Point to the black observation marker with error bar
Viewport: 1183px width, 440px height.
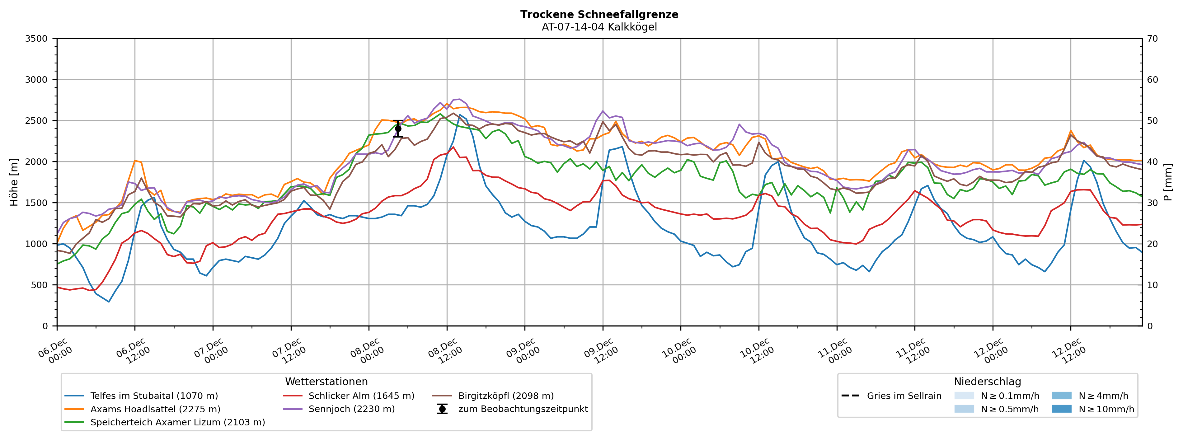398,129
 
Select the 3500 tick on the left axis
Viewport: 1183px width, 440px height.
36,39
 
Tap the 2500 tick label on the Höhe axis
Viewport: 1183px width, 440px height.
36,121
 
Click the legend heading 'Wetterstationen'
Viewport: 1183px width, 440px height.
326,382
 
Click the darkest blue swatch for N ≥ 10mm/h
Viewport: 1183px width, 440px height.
1061,409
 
